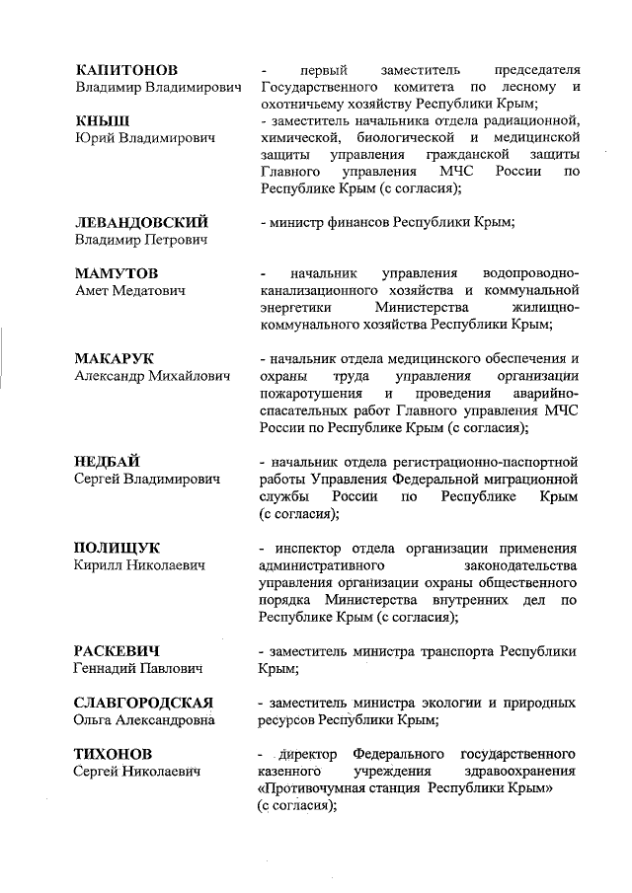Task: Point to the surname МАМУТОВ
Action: point(117,271)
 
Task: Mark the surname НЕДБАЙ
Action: point(108,461)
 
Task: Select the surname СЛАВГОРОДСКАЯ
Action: point(145,703)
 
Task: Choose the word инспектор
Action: point(308,548)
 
